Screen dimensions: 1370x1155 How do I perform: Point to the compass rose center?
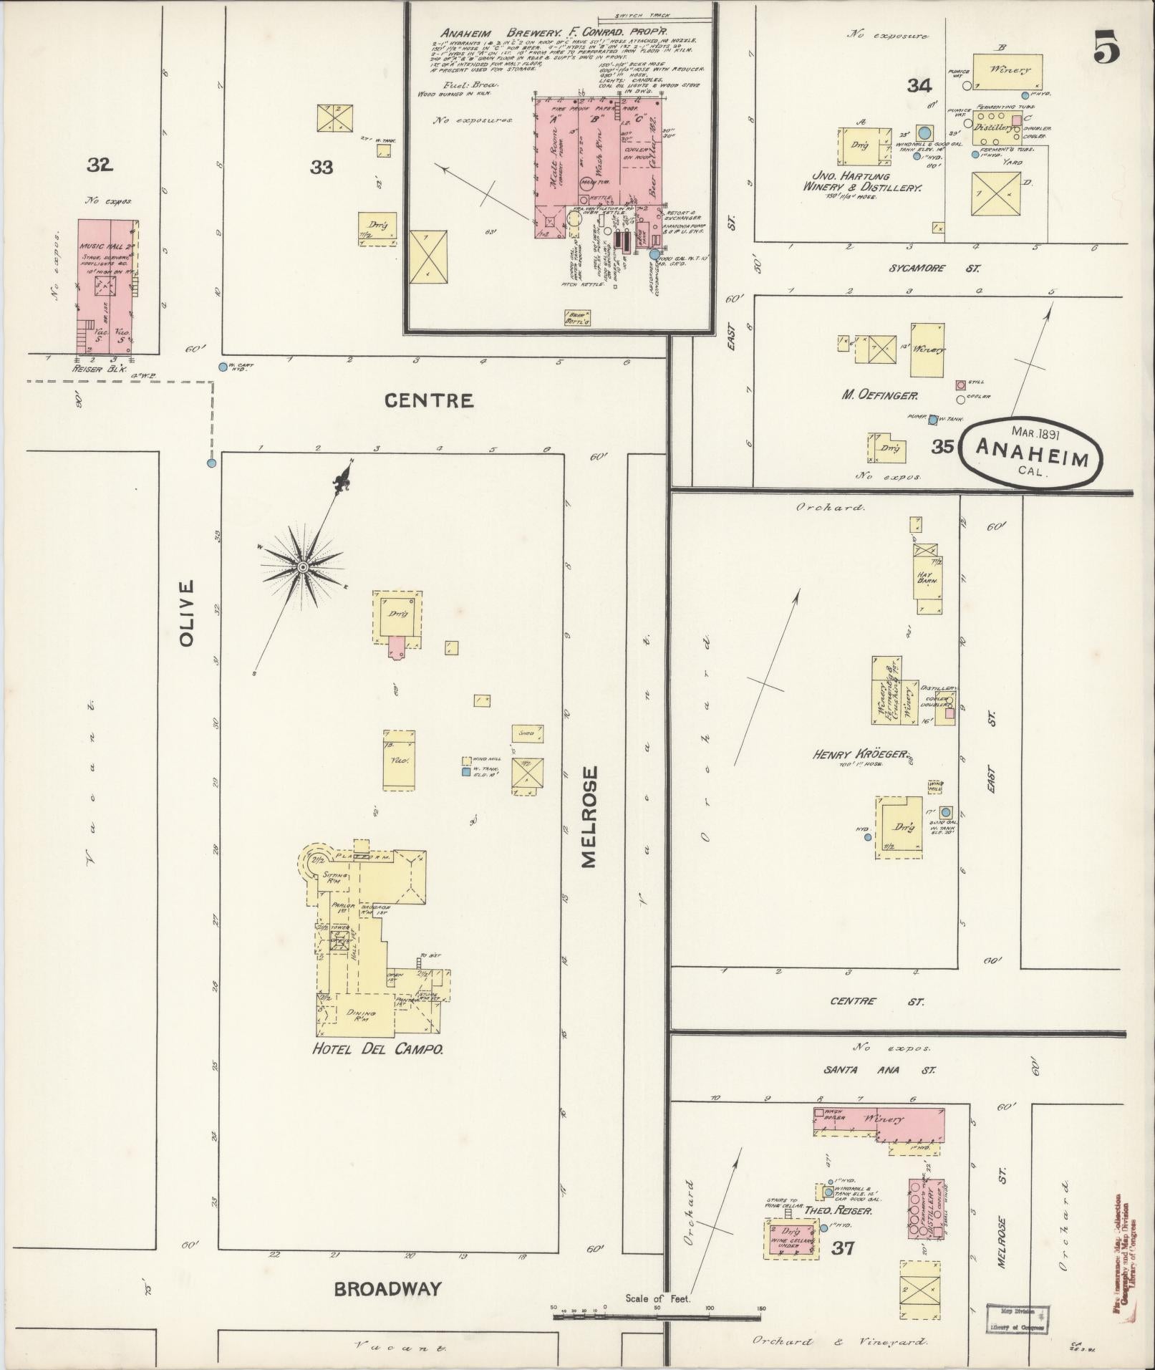click(303, 567)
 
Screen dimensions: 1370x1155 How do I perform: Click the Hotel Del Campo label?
click(377, 1050)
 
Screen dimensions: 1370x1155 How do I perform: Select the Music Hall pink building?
click(107, 286)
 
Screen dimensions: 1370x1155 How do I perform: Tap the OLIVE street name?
click(187, 614)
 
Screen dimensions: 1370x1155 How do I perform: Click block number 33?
click(322, 168)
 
